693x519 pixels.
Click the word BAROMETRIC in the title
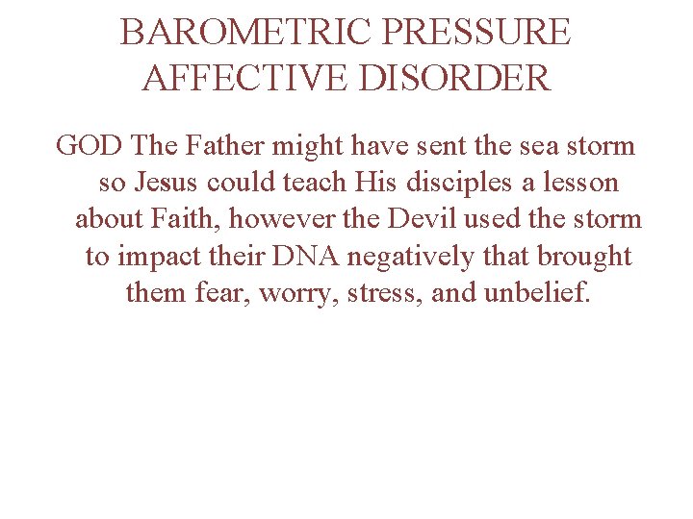245,33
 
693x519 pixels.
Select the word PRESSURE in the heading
477,33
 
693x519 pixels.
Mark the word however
274,219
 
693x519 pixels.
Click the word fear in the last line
212,292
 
